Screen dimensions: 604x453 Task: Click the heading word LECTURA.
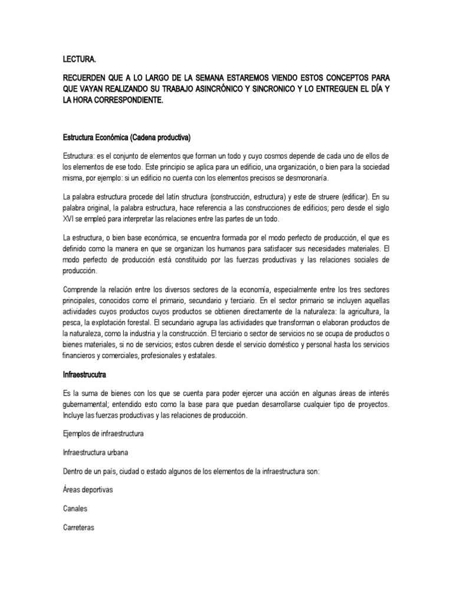78,60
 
